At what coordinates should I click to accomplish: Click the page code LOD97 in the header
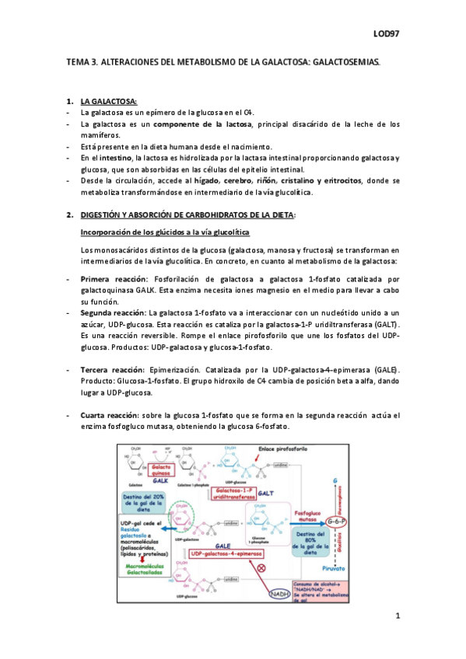(x=386, y=34)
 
